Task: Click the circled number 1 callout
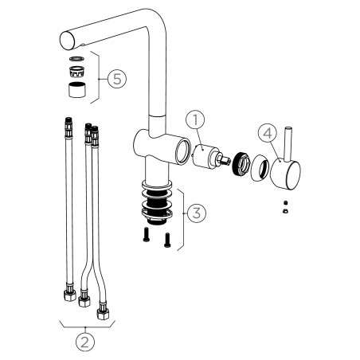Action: click(195, 121)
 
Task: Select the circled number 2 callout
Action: click(85, 342)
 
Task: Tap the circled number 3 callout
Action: click(197, 213)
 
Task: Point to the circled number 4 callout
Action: click(268, 132)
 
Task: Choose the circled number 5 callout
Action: click(117, 79)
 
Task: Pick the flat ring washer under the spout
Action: click(76, 59)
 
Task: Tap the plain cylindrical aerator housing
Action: click(77, 90)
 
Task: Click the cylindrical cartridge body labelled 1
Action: click(205, 157)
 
